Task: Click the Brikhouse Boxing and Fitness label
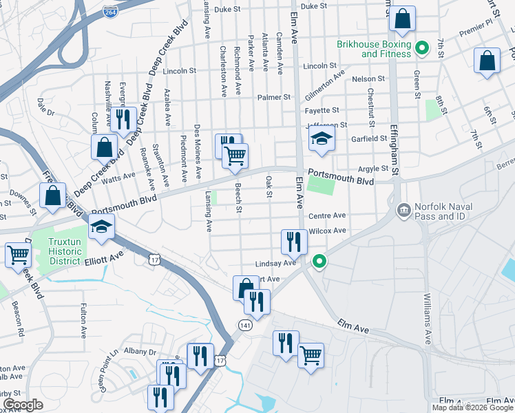(374, 49)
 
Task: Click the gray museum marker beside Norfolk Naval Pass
(403, 209)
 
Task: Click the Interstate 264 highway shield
(110, 12)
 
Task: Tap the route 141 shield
(245, 324)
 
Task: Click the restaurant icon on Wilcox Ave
(293, 241)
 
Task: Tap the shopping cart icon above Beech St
(235, 156)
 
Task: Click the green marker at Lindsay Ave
(319, 261)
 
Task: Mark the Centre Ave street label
(327, 215)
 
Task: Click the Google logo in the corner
(23, 405)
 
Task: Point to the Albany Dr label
(141, 352)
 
